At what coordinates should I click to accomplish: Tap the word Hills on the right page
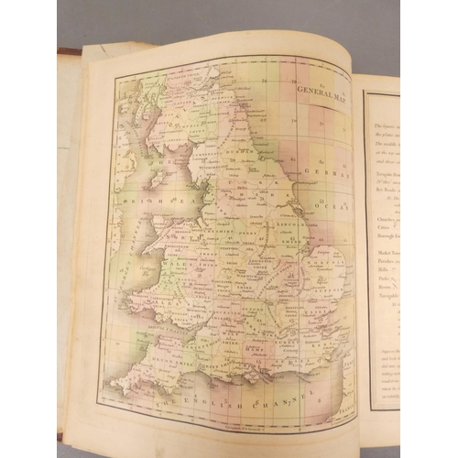point(376,272)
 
